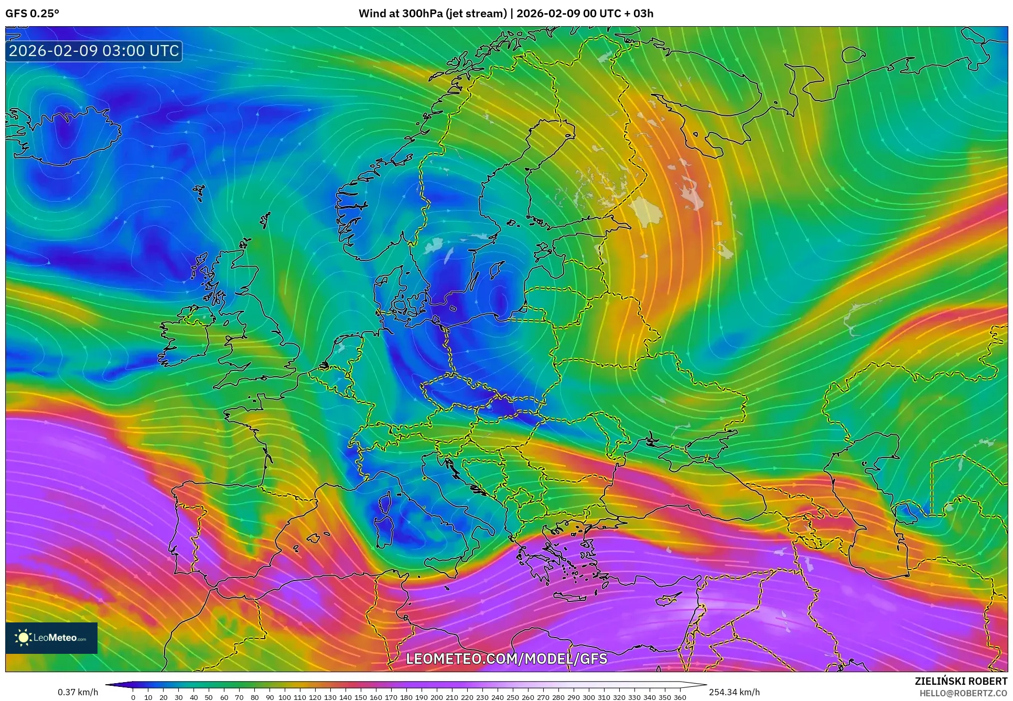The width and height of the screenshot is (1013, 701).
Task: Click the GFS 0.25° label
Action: click(32, 13)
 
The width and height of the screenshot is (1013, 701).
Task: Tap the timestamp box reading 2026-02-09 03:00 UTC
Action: click(94, 51)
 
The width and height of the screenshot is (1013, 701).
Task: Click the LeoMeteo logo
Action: click(51, 638)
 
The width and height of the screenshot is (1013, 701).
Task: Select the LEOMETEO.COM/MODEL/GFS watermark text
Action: click(506, 659)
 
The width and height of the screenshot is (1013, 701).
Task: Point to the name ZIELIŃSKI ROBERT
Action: click(961, 681)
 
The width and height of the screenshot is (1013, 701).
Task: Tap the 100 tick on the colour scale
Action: click(284, 697)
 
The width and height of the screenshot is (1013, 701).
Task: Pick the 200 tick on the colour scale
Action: click(436, 697)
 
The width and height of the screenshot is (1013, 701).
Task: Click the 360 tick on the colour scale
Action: click(680, 697)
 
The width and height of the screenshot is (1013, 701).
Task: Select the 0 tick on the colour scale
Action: click(133, 697)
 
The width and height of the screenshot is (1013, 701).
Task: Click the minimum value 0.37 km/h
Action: click(78, 692)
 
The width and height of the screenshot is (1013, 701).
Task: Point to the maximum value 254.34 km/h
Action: click(734, 692)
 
